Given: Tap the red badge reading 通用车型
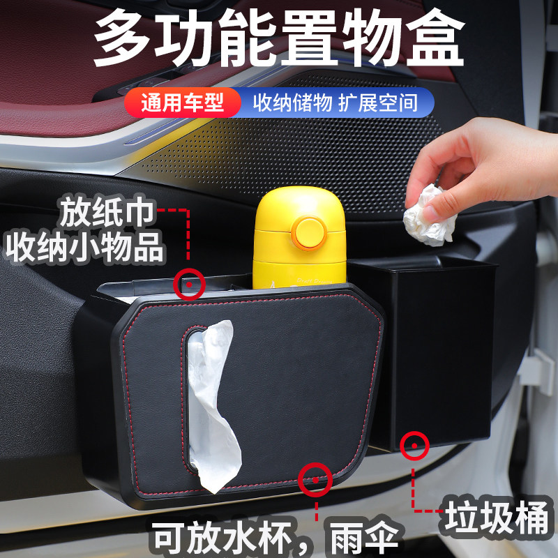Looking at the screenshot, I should [183, 103].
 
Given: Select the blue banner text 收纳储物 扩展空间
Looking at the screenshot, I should [335, 103].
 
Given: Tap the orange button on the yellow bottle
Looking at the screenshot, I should [308, 233].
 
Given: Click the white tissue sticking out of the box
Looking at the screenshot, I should [212, 398].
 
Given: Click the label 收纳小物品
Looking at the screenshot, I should [84, 248].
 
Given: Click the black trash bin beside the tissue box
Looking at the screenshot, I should [437, 349].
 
